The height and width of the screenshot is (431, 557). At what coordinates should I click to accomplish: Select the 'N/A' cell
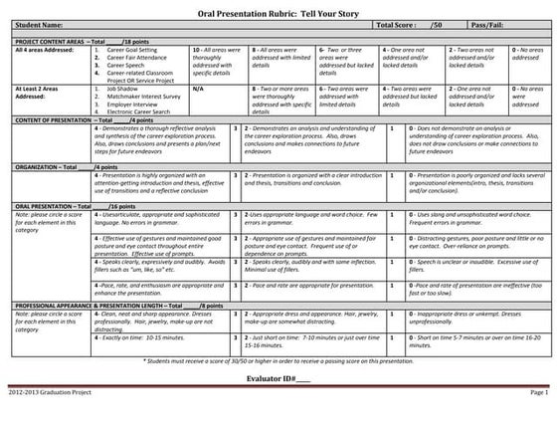tap(195, 89)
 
